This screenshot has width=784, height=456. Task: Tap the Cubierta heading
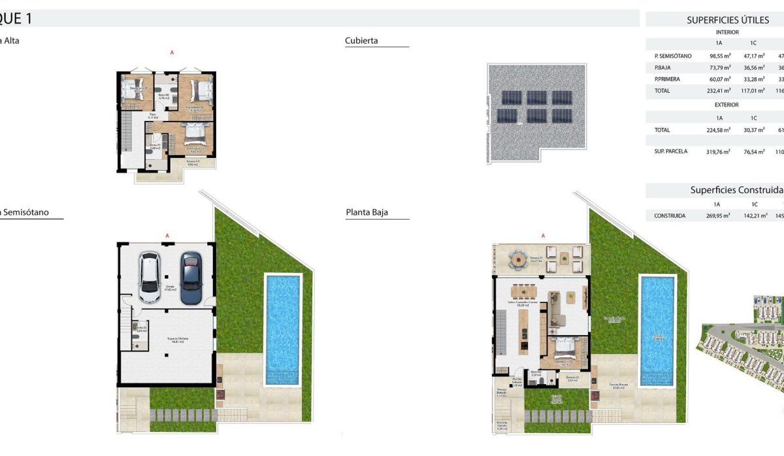point(361,41)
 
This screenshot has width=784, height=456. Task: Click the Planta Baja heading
point(367,212)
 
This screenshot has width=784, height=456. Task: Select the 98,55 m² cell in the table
point(719,56)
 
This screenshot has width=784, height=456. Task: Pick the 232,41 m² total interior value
point(719,91)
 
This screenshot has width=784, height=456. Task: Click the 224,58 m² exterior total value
point(719,130)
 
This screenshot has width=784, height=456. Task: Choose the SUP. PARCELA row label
point(671,152)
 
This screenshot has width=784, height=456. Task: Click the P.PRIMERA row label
point(667,79)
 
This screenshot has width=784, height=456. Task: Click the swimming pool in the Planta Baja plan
point(657,330)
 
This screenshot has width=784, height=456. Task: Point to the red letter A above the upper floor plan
point(172,52)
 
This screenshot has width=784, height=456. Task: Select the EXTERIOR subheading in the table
point(727,105)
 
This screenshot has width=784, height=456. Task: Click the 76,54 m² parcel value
point(753,152)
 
